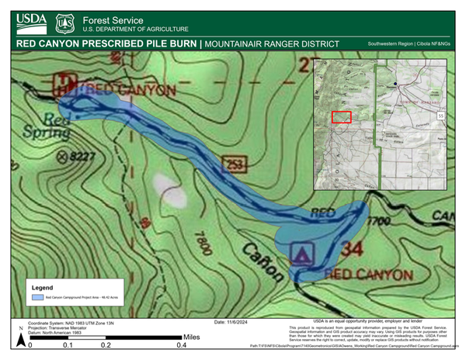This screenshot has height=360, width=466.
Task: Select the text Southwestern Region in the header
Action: click(x=390, y=44)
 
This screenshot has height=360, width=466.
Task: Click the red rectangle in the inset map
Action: click(x=341, y=116)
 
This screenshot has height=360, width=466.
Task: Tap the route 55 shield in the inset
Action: click(x=441, y=116)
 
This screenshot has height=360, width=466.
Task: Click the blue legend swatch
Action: click(x=37, y=297)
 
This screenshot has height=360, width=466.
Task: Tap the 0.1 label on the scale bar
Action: click(x=68, y=345)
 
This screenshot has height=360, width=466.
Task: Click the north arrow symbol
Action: click(x=17, y=338)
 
